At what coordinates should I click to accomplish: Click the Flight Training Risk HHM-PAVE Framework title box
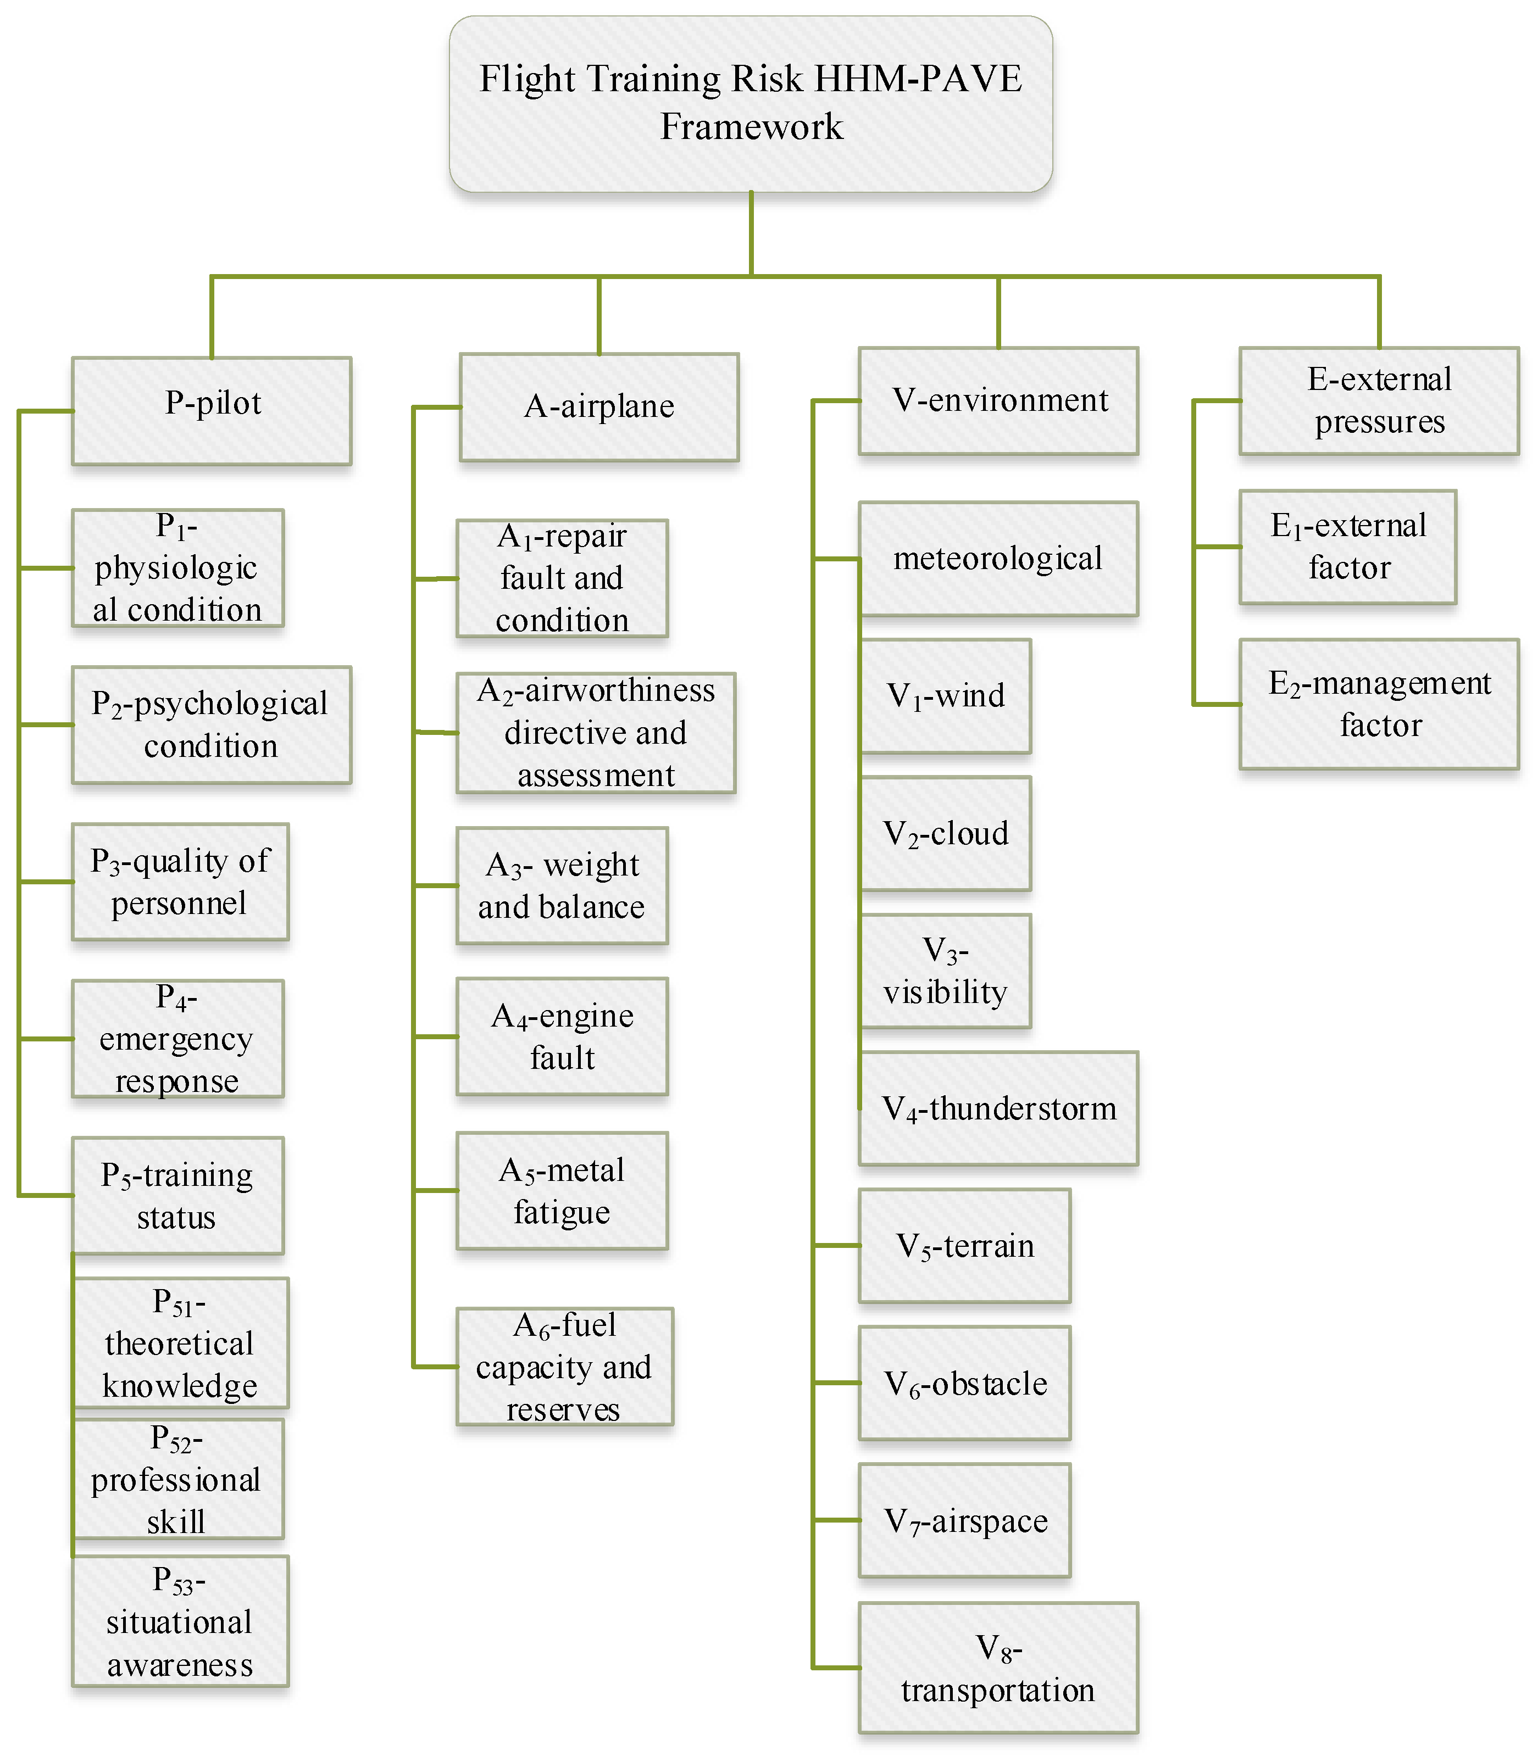751,103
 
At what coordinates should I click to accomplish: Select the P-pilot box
212,411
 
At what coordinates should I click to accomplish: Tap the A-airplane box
599,406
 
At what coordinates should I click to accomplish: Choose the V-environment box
998,400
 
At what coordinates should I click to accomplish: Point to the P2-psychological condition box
212,725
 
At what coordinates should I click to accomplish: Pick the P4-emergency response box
177,1038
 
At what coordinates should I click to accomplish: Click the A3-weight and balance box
562,885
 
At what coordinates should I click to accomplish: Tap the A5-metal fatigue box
562,1191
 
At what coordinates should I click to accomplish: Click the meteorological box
998,559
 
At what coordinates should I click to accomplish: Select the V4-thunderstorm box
998,1108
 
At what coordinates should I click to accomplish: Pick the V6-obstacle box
965,1383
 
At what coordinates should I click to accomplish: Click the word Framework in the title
752,127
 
